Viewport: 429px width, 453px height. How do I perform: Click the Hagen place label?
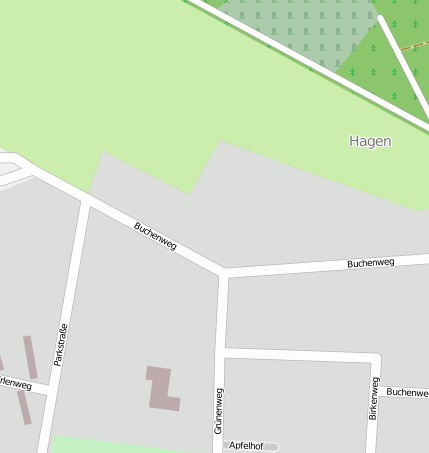pyautogui.click(x=370, y=142)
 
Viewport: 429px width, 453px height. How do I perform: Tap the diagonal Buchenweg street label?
pyautogui.click(x=155, y=236)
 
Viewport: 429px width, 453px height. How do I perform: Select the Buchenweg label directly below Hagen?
pyautogui.click(x=370, y=263)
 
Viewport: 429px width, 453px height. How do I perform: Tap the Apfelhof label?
pyautogui.click(x=245, y=445)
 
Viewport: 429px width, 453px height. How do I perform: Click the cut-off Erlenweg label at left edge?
pyautogui.click(x=15, y=383)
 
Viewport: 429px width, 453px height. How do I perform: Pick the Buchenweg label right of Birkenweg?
pyautogui.click(x=407, y=392)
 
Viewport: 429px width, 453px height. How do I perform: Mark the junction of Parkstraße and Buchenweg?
pyautogui.click(x=86, y=202)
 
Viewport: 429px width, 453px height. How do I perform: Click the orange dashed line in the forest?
pyautogui.click(x=415, y=46)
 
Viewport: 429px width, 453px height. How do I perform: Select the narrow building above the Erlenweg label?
pyautogui.click(x=30, y=356)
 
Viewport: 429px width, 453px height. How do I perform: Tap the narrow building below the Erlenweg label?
pyautogui.click(x=23, y=407)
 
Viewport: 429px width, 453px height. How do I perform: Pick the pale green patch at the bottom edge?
pyautogui.click(x=100, y=445)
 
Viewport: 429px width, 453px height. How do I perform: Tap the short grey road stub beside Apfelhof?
pyautogui.click(x=271, y=446)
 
